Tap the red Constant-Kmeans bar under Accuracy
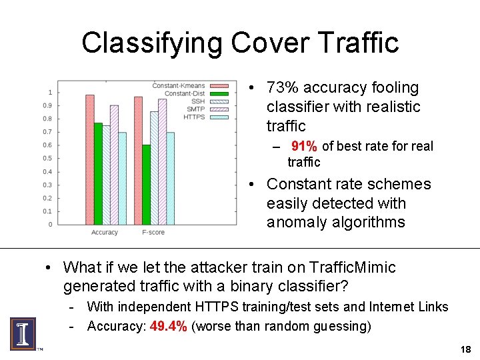90,159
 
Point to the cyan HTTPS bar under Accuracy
122,178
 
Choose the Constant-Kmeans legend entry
179,86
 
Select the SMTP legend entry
195,109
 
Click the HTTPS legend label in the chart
194,117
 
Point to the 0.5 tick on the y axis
47,158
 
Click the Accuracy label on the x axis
105,233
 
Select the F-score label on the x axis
153,233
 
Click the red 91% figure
304,147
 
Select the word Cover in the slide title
263,43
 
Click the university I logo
22,333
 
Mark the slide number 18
465,350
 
